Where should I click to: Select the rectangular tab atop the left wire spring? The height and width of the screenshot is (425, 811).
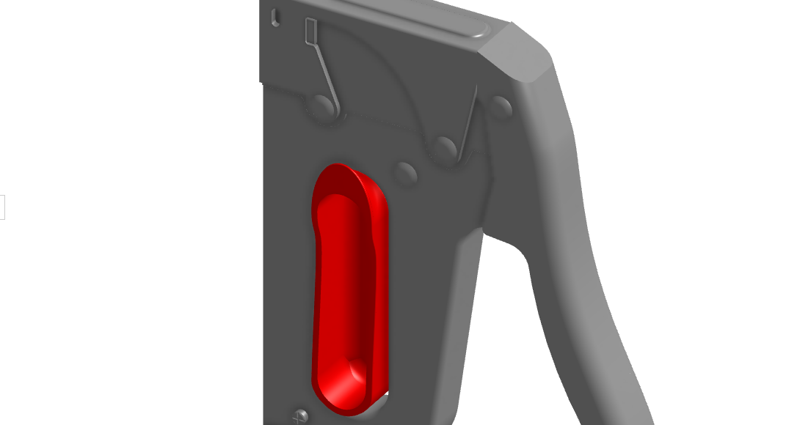click(x=310, y=30)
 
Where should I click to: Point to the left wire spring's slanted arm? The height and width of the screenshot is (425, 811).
click(x=326, y=76)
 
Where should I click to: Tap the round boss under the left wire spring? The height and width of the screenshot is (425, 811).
click(x=321, y=107)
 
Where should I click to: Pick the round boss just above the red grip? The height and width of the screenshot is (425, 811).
click(x=405, y=172)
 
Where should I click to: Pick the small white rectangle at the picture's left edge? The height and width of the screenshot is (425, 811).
click(x=2, y=207)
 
